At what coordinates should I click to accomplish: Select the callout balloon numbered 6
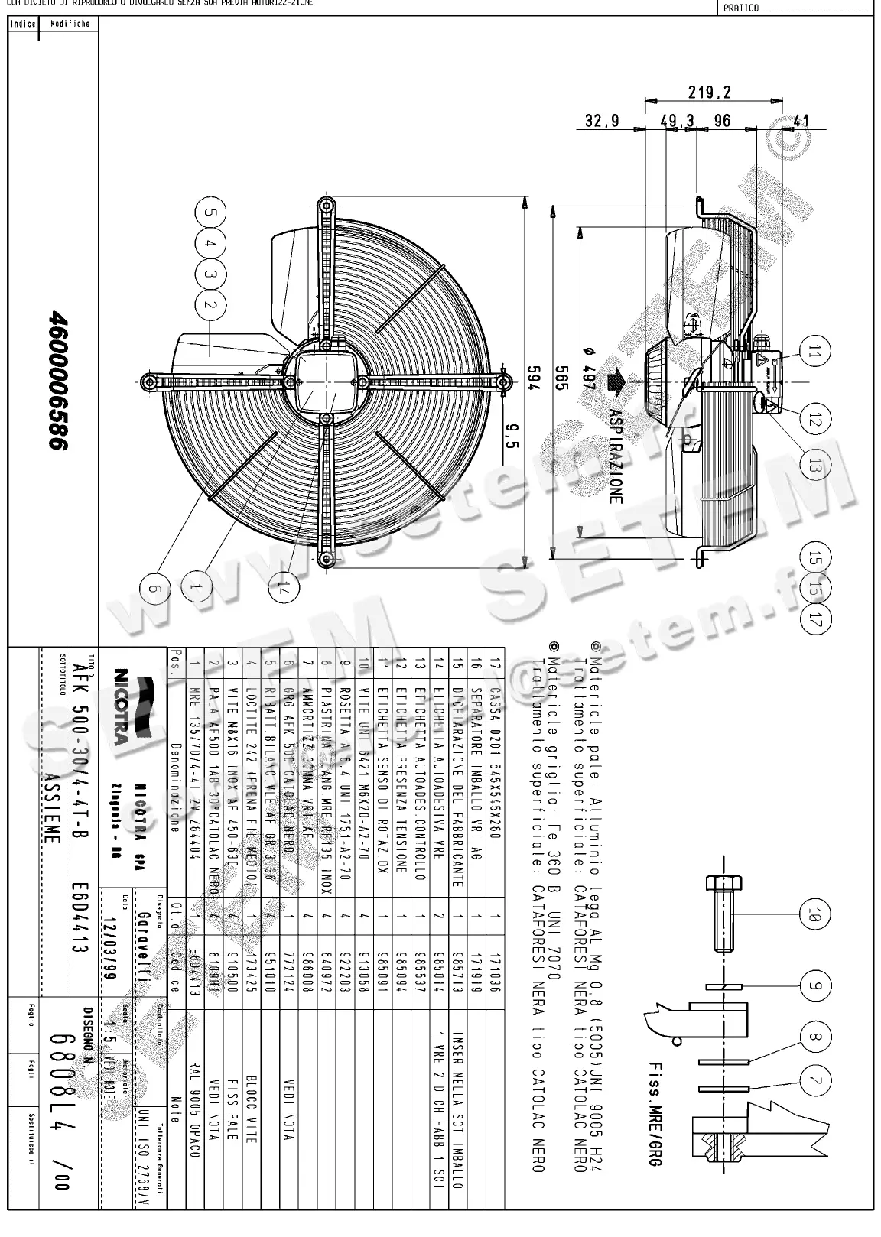pyautogui.click(x=154, y=588)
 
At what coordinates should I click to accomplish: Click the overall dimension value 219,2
pyautogui.click(x=709, y=93)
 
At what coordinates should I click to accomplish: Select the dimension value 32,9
pyautogui.click(x=602, y=121)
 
